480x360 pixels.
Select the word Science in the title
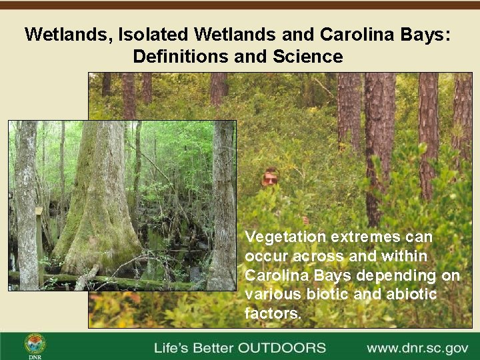307,56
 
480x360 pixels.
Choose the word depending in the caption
395,275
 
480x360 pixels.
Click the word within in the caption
391,256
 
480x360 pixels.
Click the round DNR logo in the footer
35,344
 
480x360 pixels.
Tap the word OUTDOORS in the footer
283,348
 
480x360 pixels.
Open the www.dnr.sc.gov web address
417,348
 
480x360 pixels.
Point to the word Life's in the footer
171,348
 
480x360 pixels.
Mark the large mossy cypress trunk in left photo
97,200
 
